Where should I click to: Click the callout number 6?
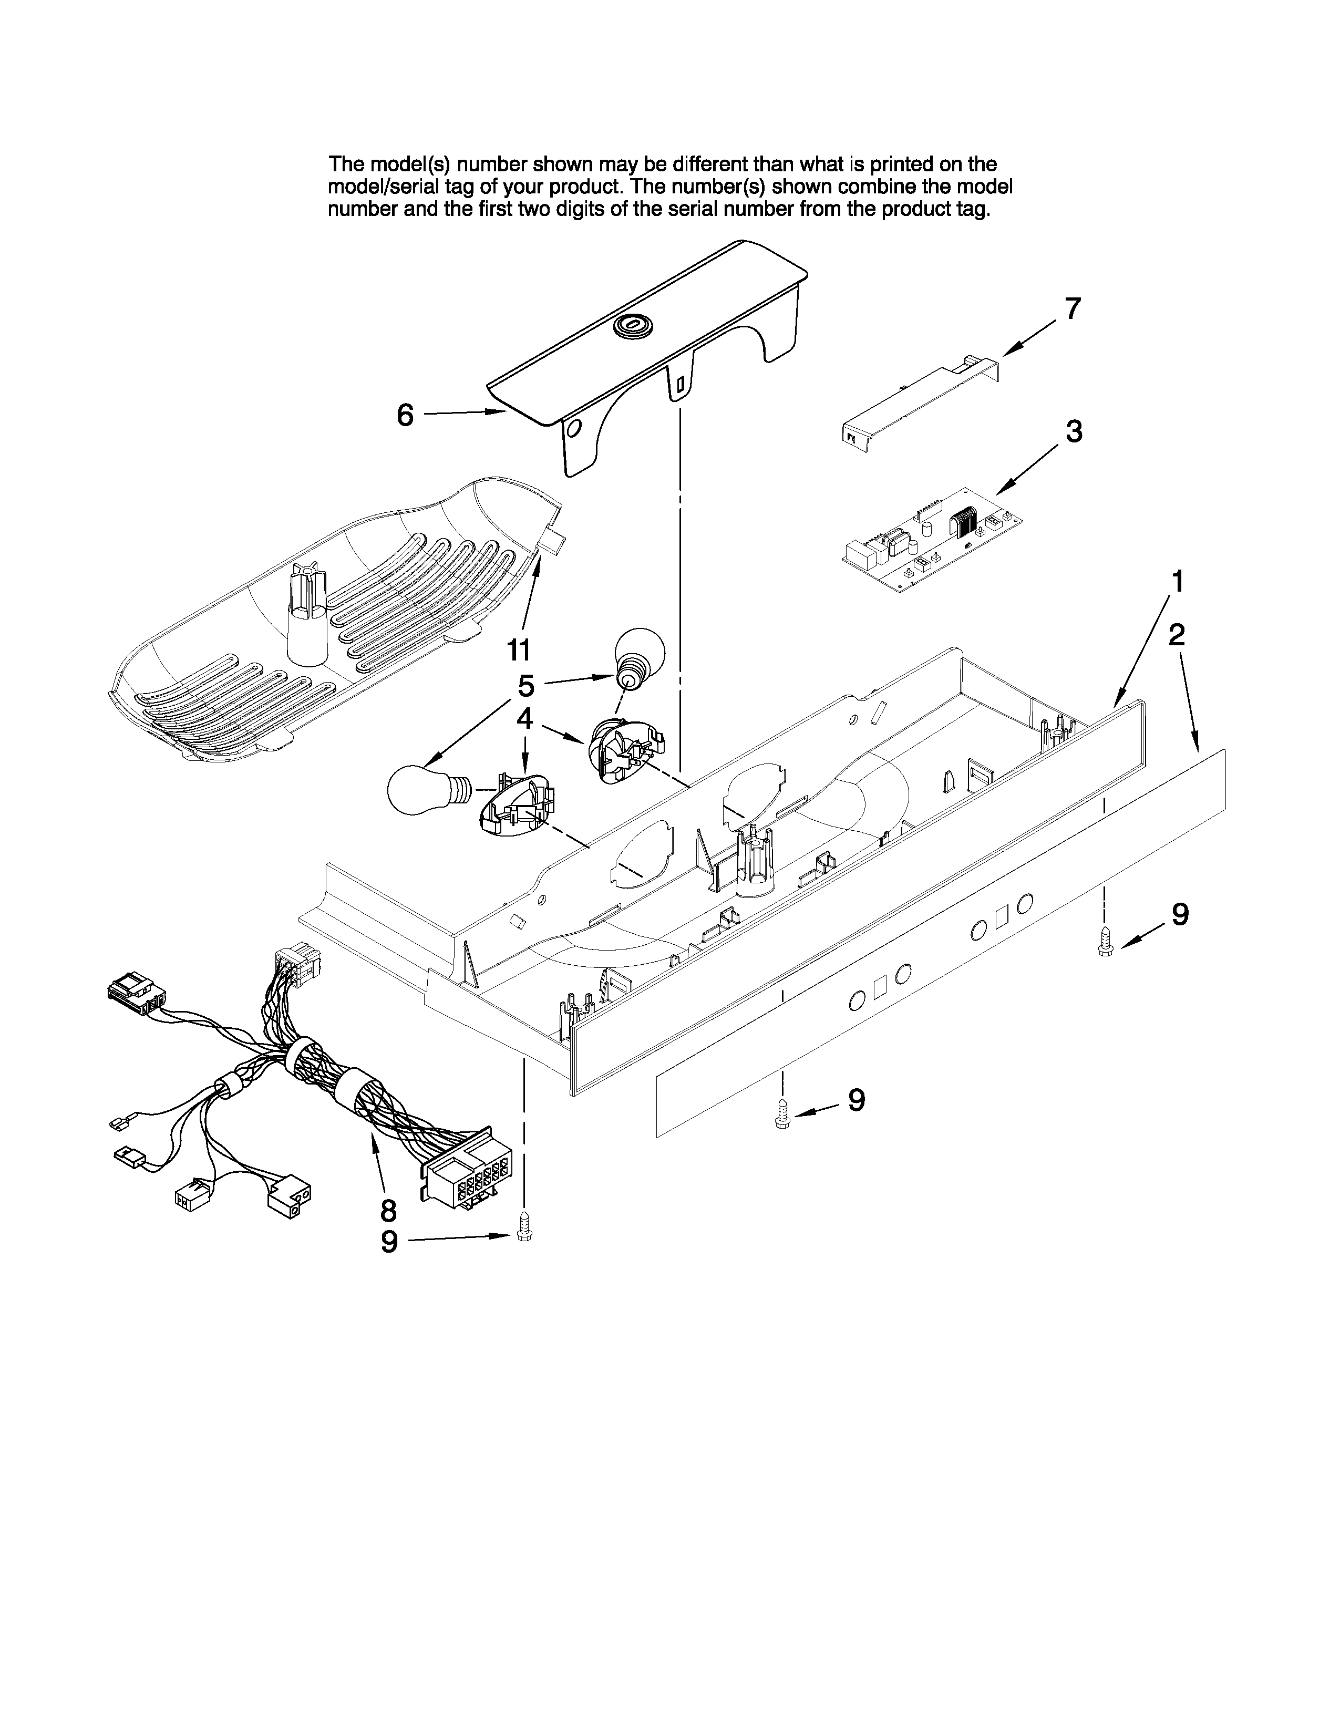click(x=405, y=415)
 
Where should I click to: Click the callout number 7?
click(x=1073, y=309)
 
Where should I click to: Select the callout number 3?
click(x=1073, y=432)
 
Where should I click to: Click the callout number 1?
click(x=1178, y=582)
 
